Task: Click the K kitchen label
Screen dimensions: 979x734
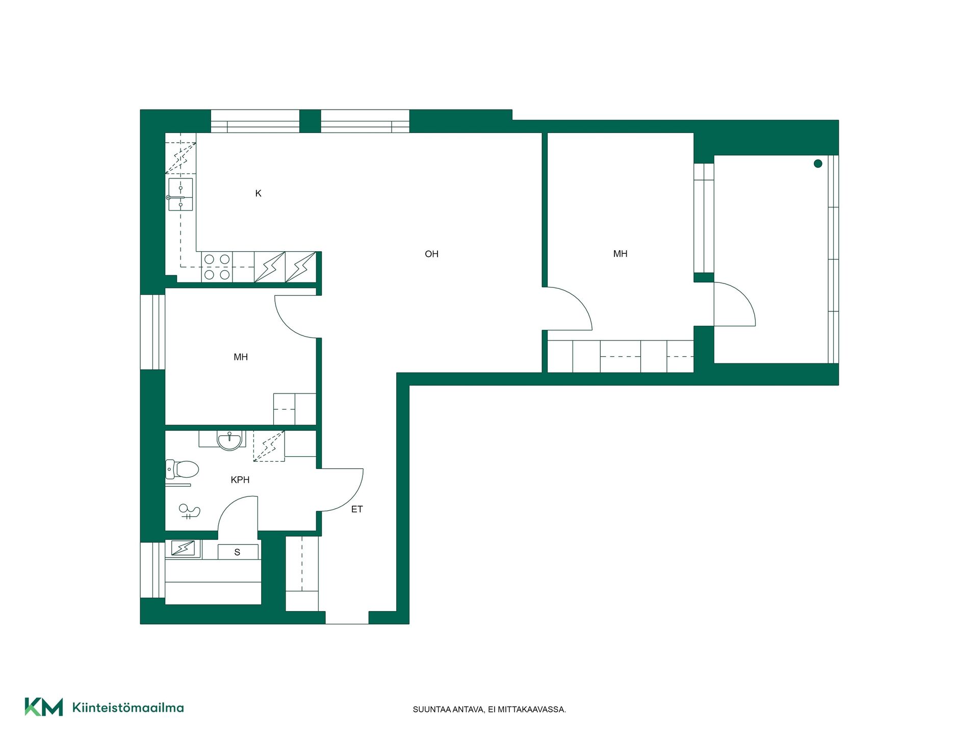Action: tap(258, 193)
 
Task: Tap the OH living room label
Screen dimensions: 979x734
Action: tap(431, 254)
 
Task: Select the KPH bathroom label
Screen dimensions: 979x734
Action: tap(240, 480)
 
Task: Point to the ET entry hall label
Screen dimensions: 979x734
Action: tap(357, 509)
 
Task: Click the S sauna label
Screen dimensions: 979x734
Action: tap(237, 552)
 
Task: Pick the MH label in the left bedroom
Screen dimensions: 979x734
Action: tap(241, 357)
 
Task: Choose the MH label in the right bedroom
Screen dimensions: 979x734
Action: tap(620, 254)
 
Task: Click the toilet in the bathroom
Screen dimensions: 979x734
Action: tap(182, 469)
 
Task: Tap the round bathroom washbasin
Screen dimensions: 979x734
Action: tap(229, 441)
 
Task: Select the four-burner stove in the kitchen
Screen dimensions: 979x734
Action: tap(217, 267)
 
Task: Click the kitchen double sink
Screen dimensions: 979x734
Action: tap(180, 194)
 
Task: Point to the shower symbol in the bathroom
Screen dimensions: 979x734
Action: tap(189, 511)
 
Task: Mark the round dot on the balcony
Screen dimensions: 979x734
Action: tap(818, 164)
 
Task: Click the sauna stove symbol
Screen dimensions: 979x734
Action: tap(183, 548)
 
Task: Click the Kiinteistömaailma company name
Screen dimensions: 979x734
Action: tap(128, 707)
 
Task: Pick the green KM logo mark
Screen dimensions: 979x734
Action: tap(44, 707)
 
